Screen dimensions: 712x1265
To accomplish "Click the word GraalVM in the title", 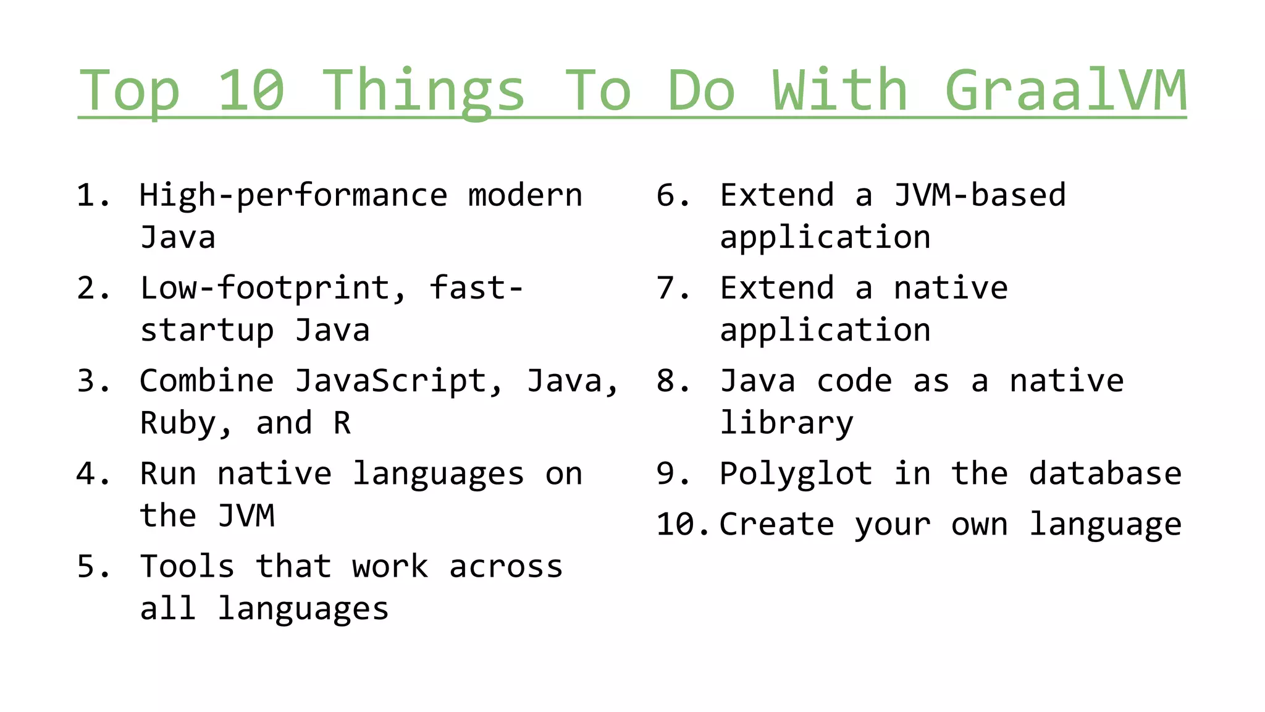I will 1065,90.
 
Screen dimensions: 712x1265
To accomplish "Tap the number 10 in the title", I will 251,90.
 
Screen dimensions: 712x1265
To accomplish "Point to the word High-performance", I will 293,197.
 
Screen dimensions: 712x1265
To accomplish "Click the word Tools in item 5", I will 187,567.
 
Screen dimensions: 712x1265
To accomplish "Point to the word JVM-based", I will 980,195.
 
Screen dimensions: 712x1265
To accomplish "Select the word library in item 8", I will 787,424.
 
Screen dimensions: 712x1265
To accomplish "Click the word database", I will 1105,474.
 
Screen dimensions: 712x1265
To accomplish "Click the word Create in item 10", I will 777,525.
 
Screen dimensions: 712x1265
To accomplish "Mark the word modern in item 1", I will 525,195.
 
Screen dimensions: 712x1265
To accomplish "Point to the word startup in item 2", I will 207,331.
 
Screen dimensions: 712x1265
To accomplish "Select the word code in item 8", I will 854,381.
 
